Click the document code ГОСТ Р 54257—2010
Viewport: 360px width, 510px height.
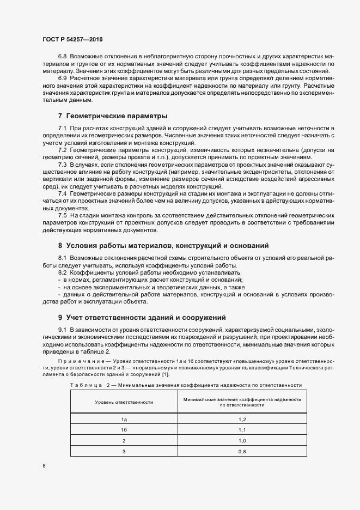point(72,40)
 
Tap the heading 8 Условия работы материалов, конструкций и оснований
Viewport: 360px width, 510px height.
point(163,246)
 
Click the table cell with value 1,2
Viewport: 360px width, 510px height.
point(242,419)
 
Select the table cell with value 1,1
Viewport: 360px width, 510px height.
point(242,430)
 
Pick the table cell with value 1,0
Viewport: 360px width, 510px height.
point(242,440)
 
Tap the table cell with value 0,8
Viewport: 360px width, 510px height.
point(242,451)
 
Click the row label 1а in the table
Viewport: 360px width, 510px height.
point(124,419)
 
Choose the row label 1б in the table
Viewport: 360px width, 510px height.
point(124,430)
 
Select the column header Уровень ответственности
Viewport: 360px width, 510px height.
point(124,402)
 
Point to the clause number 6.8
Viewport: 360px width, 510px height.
point(62,56)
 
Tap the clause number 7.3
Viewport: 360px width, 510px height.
point(62,164)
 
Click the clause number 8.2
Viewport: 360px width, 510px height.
point(62,272)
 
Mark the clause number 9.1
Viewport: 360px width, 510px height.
point(62,330)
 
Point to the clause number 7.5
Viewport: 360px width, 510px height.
point(62,216)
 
